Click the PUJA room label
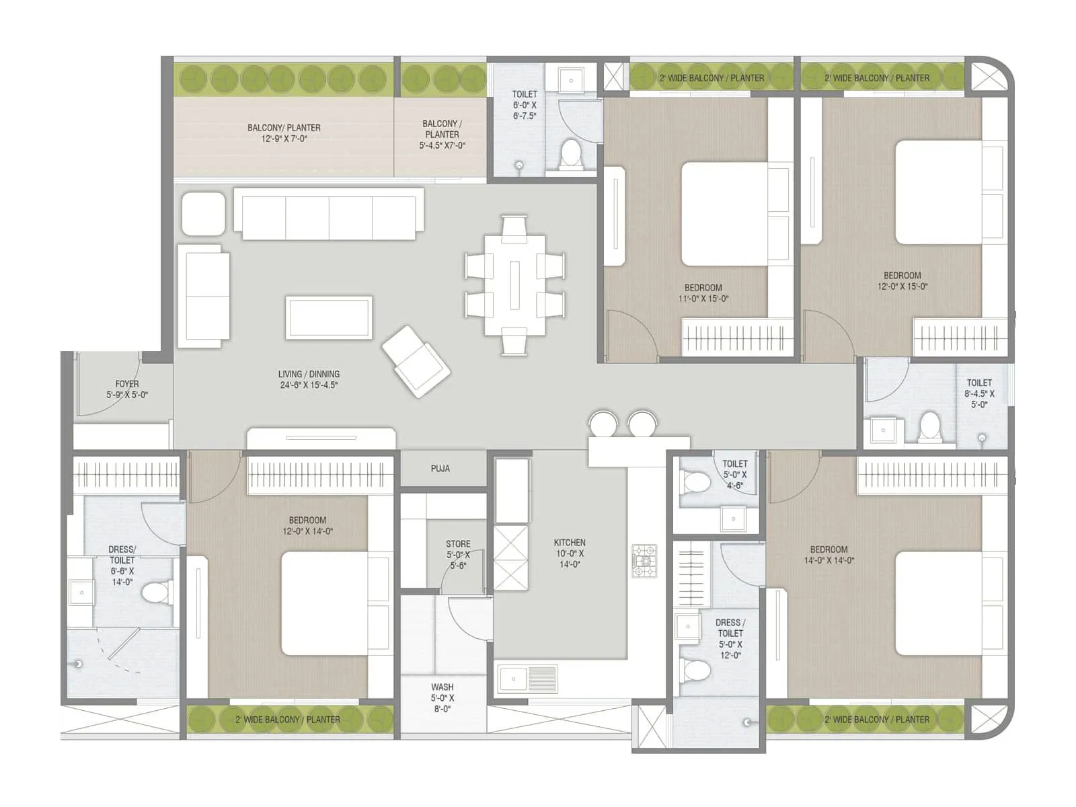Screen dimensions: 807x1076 (440, 469)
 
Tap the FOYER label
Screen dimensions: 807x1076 (127, 384)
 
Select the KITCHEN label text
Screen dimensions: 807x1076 (570, 543)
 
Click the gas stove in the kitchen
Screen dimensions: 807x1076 (644, 562)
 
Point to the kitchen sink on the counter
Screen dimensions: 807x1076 (513, 679)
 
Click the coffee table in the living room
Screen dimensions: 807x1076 (329, 317)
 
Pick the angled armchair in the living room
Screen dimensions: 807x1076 (416, 361)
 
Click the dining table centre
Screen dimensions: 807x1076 (514, 285)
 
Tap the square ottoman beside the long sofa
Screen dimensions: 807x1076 (203, 213)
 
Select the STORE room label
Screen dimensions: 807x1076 (458, 544)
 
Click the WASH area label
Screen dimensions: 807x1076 (443, 687)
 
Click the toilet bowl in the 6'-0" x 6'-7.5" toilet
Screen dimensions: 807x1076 (571, 153)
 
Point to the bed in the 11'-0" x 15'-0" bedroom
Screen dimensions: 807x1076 (724, 214)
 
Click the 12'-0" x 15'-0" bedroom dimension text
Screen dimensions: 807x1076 (902, 286)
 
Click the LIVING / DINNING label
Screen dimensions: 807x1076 (309, 375)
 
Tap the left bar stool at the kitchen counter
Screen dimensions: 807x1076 (603, 424)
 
